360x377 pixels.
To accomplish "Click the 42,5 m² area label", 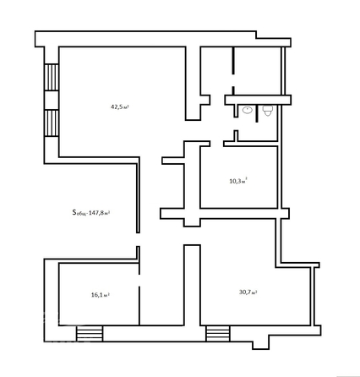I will (x=119, y=107).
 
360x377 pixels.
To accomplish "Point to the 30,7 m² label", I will (x=248, y=292).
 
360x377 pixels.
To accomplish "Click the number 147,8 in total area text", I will (x=100, y=213).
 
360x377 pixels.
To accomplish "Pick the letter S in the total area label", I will (x=74, y=212).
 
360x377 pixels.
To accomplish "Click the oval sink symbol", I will (x=248, y=111).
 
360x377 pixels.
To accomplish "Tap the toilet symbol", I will (x=267, y=112).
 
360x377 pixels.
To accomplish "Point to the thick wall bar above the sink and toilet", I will (x=257, y=100).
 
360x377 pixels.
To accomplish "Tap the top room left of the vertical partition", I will (x=216, y=68).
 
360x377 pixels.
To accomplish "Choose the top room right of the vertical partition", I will (x=257, y=68).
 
